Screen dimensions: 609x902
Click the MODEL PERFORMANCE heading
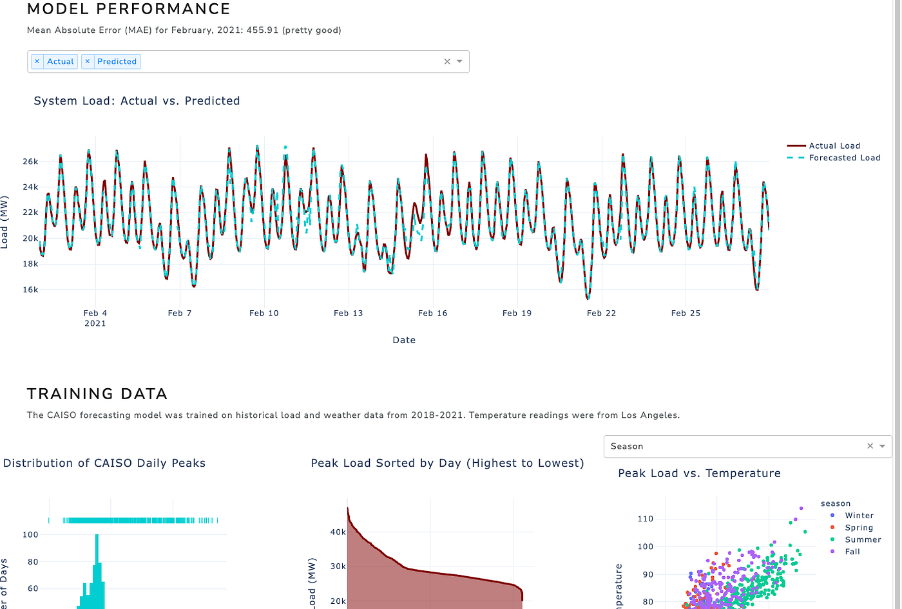pos(128,10)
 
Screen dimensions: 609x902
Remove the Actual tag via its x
pos(37,61)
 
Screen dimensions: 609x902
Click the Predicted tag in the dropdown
pos(117,61)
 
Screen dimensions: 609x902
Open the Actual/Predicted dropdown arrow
pos(460,61)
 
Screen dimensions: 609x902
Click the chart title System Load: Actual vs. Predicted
pos(137,101)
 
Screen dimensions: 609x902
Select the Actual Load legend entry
pos(834,146)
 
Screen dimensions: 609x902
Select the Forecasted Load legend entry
pos(844,158)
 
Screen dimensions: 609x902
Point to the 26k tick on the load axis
pos(30,162)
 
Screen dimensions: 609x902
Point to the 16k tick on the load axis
pos(30,290)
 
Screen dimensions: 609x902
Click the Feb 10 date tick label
pos(264,314)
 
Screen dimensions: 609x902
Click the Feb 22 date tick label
pos(601,314)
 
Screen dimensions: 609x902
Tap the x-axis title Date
pos(404,340)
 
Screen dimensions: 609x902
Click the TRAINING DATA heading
pos(97,394)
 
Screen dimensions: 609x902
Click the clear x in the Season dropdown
pos(870,446)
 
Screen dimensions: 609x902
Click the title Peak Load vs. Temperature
pos(699,474)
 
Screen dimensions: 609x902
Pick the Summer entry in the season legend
pos(863,539)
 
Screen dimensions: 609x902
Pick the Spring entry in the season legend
pos(859,528)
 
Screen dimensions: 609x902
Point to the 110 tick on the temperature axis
pos(645,519)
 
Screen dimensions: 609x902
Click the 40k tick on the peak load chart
pos(338,532)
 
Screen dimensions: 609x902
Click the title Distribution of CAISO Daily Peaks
pos(104,464)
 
